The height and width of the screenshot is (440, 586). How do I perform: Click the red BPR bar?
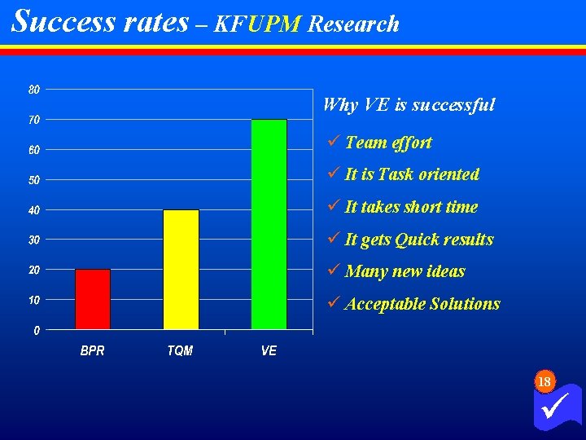92,299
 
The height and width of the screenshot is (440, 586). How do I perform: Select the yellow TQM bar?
181,270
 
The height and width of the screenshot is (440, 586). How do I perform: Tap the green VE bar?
269,224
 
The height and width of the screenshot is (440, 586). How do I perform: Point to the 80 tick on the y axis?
34,90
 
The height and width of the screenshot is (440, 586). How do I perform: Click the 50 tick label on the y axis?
34,180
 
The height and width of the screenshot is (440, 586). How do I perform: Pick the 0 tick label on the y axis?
37,331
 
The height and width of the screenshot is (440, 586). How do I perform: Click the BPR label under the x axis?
92,351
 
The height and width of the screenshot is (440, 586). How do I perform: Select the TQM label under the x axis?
180,351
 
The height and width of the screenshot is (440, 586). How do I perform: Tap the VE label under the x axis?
269,351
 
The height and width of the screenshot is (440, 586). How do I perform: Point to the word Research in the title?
353,24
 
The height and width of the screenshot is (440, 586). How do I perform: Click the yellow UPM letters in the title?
274,24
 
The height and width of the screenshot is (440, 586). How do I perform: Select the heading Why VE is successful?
409,105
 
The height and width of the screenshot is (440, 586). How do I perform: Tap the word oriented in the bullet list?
448,174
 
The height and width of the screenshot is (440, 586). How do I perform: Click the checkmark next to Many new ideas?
331,271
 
